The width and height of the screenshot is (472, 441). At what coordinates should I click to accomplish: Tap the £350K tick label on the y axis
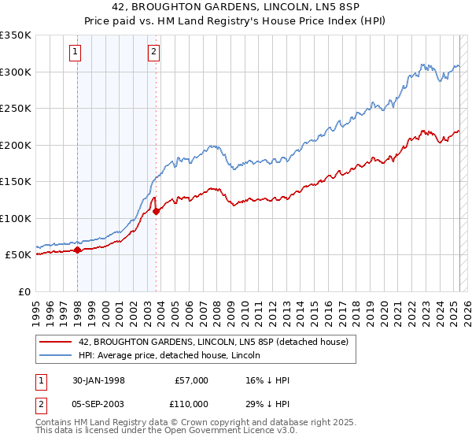pyautogui.click(x=16, y=35)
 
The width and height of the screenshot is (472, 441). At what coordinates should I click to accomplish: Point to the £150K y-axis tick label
pyautogui.click(x=16, y=181)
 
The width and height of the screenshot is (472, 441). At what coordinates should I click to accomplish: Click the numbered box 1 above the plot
pyautogui.click(x=75, y=53)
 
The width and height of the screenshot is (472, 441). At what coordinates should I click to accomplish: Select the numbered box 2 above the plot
pyautogui.click(x=153, y=53)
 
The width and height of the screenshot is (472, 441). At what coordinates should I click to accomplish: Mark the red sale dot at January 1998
pyautogui.click(x=78, y=250)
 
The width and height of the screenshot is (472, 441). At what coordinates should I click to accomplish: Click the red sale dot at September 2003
pyautogui.click(x=157, y=211)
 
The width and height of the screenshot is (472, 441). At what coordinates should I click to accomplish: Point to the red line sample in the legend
pyautogui.click(x=55, y=342)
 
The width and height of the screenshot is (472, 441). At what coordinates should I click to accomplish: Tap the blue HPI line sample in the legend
pyautogui.click(x=55, y=355)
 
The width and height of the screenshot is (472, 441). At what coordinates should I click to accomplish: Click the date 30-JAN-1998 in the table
pyautogui.click(x=98, y=380)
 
